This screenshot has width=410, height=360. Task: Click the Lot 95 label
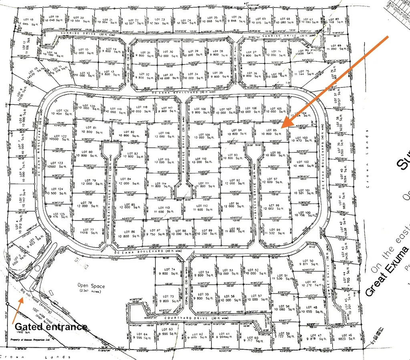272,130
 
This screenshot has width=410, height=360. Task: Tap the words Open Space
91,286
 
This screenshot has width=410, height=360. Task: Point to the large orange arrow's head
285,125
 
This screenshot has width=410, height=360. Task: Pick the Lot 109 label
204,135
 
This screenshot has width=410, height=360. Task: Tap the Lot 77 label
89,230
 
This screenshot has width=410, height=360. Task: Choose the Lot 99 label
274,230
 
